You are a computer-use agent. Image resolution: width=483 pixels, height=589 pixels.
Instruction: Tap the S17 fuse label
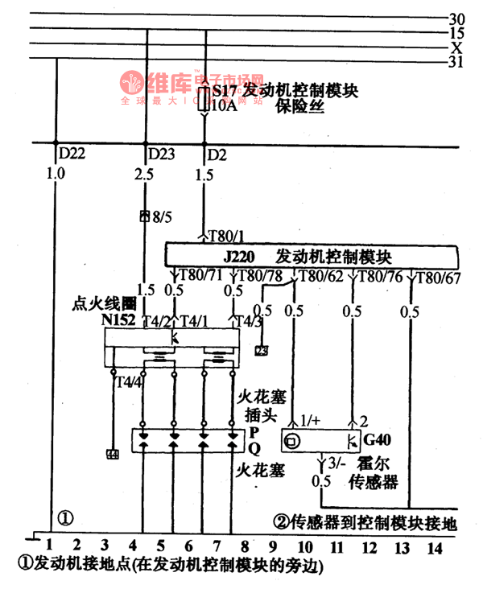point(225,91)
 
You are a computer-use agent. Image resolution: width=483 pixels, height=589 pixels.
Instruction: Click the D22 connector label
point(70,153)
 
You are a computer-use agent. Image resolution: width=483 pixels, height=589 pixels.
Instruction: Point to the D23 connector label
point(162,153)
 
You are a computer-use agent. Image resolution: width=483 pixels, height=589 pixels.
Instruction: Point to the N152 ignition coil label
point(118,320)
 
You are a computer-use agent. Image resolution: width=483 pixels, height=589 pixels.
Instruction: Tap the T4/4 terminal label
point(130,381)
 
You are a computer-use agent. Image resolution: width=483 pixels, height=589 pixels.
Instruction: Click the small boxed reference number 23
point(262,351)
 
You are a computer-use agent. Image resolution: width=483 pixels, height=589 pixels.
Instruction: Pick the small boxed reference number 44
point(112,455)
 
